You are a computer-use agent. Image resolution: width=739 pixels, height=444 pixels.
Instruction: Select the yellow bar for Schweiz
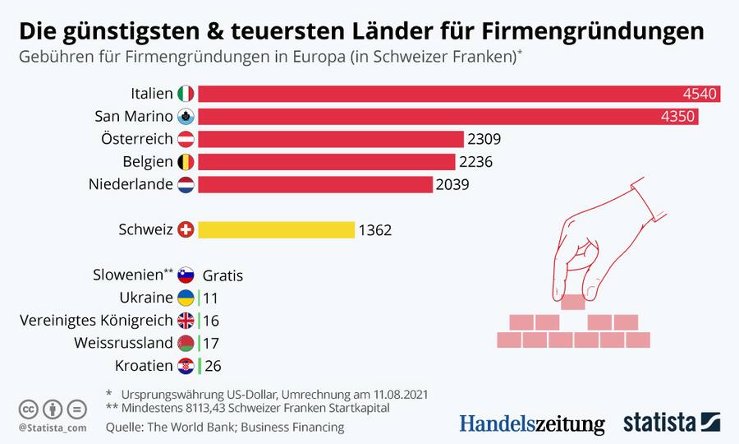[276, 230]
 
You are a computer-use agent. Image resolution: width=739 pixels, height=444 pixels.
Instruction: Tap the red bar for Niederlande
[314, 184]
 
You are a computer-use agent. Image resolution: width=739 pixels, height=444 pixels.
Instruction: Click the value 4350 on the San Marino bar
[678, 117]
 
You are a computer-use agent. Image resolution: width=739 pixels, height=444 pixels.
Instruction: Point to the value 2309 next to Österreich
[484, 139]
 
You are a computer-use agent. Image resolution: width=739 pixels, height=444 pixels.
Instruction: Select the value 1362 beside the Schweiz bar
[375, 230]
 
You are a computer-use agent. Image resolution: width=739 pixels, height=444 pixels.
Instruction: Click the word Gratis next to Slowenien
[223, 275]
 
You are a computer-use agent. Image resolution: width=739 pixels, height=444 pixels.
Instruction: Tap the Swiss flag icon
[186, 230]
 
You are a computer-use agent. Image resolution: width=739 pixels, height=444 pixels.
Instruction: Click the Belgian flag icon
[186, 162]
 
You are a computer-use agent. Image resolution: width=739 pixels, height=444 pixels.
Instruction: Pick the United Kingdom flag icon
[186, 320]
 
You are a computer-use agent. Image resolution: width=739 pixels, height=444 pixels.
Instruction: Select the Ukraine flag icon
[186, 298]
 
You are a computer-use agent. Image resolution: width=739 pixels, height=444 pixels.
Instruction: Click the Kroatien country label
[145, 365]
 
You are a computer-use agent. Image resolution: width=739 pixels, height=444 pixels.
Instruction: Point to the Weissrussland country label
[123, 342]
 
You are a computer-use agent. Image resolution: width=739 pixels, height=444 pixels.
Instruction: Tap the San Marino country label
[134, 117]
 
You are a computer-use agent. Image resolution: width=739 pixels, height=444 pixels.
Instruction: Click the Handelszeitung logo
[531, 423]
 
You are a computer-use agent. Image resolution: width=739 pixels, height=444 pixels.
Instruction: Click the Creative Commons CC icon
[29, 409]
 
